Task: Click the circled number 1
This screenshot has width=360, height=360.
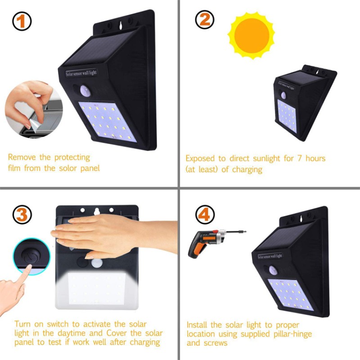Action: point(22,21)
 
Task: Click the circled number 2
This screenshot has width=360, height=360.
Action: point(205,20)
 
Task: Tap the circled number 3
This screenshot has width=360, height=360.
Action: point(22,215)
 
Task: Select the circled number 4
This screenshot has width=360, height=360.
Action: point(205,215)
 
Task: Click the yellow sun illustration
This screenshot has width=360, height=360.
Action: point(252,36)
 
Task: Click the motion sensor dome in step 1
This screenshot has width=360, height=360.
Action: point(85,91)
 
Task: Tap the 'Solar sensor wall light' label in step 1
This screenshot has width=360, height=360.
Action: point(81,73)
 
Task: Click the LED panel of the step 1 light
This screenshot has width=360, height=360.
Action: point(108,121)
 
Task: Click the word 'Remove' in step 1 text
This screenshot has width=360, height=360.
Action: point(22,157)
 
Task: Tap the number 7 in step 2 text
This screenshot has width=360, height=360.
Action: point(299,158)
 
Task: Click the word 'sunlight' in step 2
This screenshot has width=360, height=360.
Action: point(266,159)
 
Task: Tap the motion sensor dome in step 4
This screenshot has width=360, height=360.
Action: point(273,270)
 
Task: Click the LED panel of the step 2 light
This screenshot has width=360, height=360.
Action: point(287,116)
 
